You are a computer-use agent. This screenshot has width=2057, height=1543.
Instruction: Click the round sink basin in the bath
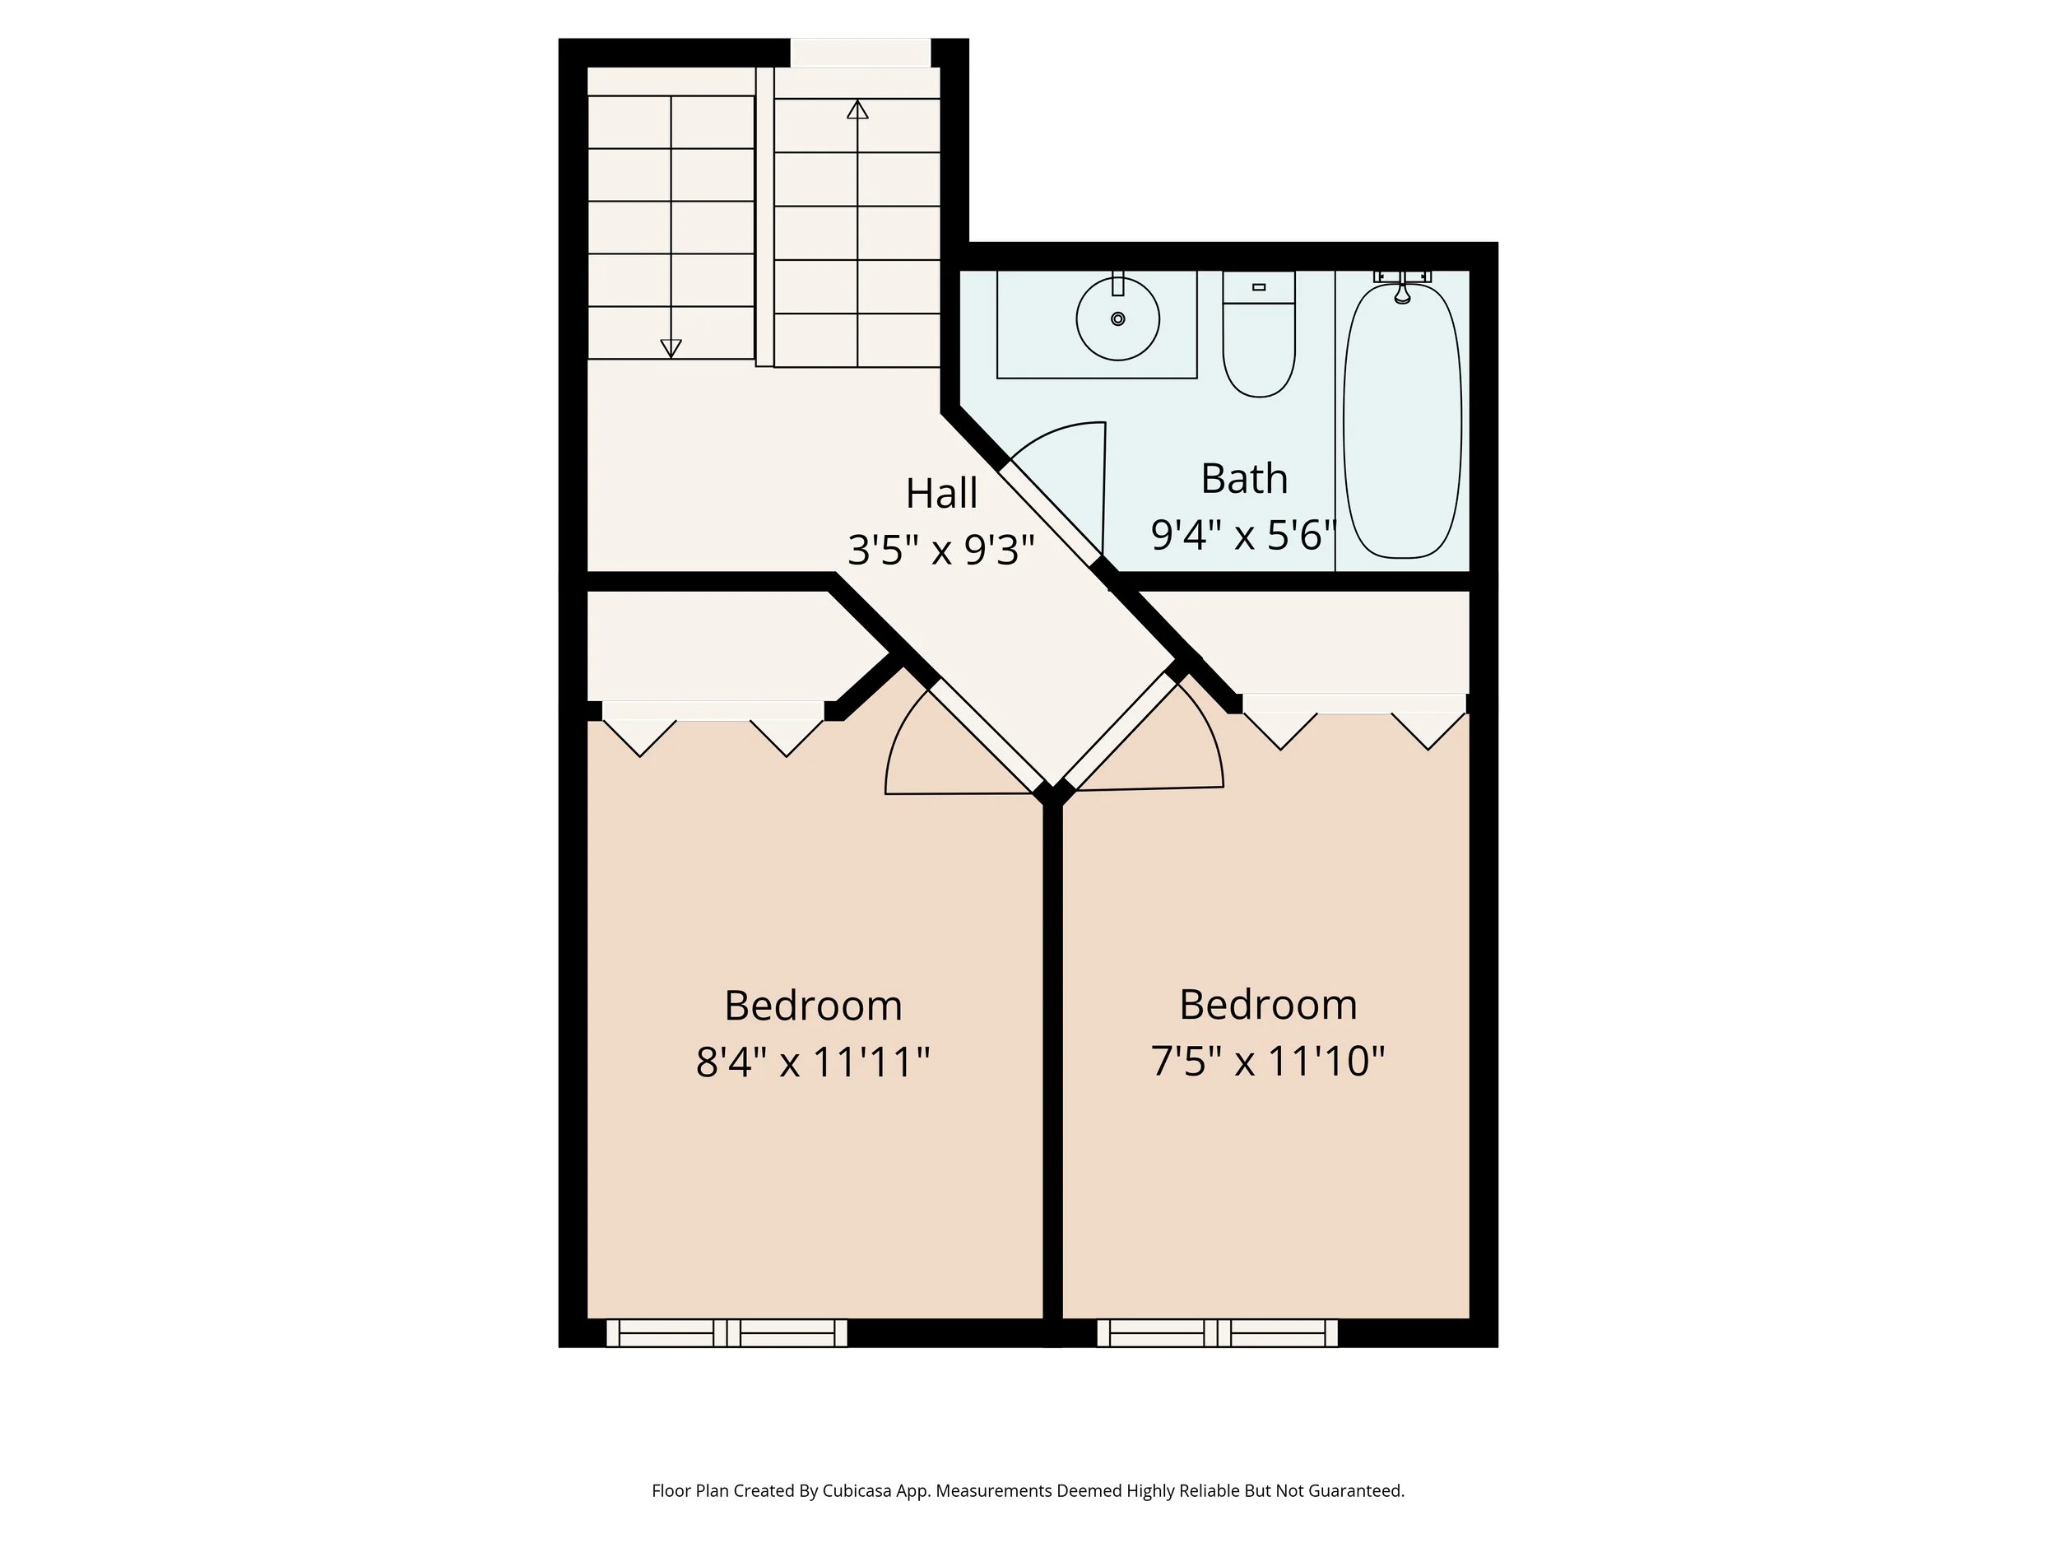tap(1117, 319)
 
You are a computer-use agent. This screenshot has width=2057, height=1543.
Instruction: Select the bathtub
tap(1402, 423)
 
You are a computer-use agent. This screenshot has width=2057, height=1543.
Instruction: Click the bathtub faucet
tap(1402, 292)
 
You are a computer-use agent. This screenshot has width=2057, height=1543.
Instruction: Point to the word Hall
tap(941, 494)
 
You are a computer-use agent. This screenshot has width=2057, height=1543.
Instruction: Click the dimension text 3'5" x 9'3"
tap(941, 550)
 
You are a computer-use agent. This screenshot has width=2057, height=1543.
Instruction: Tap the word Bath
tap(1243, 479)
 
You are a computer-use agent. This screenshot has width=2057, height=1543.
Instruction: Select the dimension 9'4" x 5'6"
tap(1243, 535)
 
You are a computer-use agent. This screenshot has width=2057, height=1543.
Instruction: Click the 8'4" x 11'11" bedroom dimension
tap(813, 1062)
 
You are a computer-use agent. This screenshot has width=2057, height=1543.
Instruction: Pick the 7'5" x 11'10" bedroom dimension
tap(1267, 1060)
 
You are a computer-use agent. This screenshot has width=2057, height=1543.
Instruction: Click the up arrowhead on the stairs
tap(857, 109)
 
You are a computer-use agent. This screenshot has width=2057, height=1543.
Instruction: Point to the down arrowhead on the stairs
tap(671, 349)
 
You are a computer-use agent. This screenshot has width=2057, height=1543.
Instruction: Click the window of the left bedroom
tap(727, 1333)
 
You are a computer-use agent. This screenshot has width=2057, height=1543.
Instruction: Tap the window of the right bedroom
tap(1217, 1333)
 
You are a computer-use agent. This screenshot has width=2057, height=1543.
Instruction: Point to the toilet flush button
tap(1259, 287)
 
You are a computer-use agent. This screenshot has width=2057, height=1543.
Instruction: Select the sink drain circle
tap(1117, 319)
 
